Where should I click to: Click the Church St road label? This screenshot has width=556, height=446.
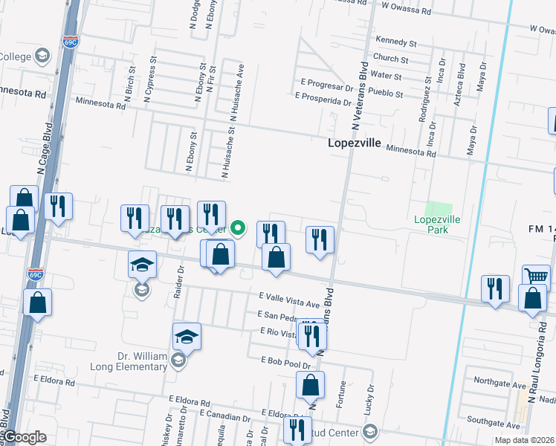[391, 59]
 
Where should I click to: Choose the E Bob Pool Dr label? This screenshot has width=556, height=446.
[285, 360]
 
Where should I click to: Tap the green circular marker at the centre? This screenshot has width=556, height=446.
[239, 227]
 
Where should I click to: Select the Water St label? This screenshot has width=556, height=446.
[386, 76]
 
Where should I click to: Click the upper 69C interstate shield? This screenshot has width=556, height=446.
[71, 42]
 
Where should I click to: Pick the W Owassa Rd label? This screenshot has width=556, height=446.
[406, 11]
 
